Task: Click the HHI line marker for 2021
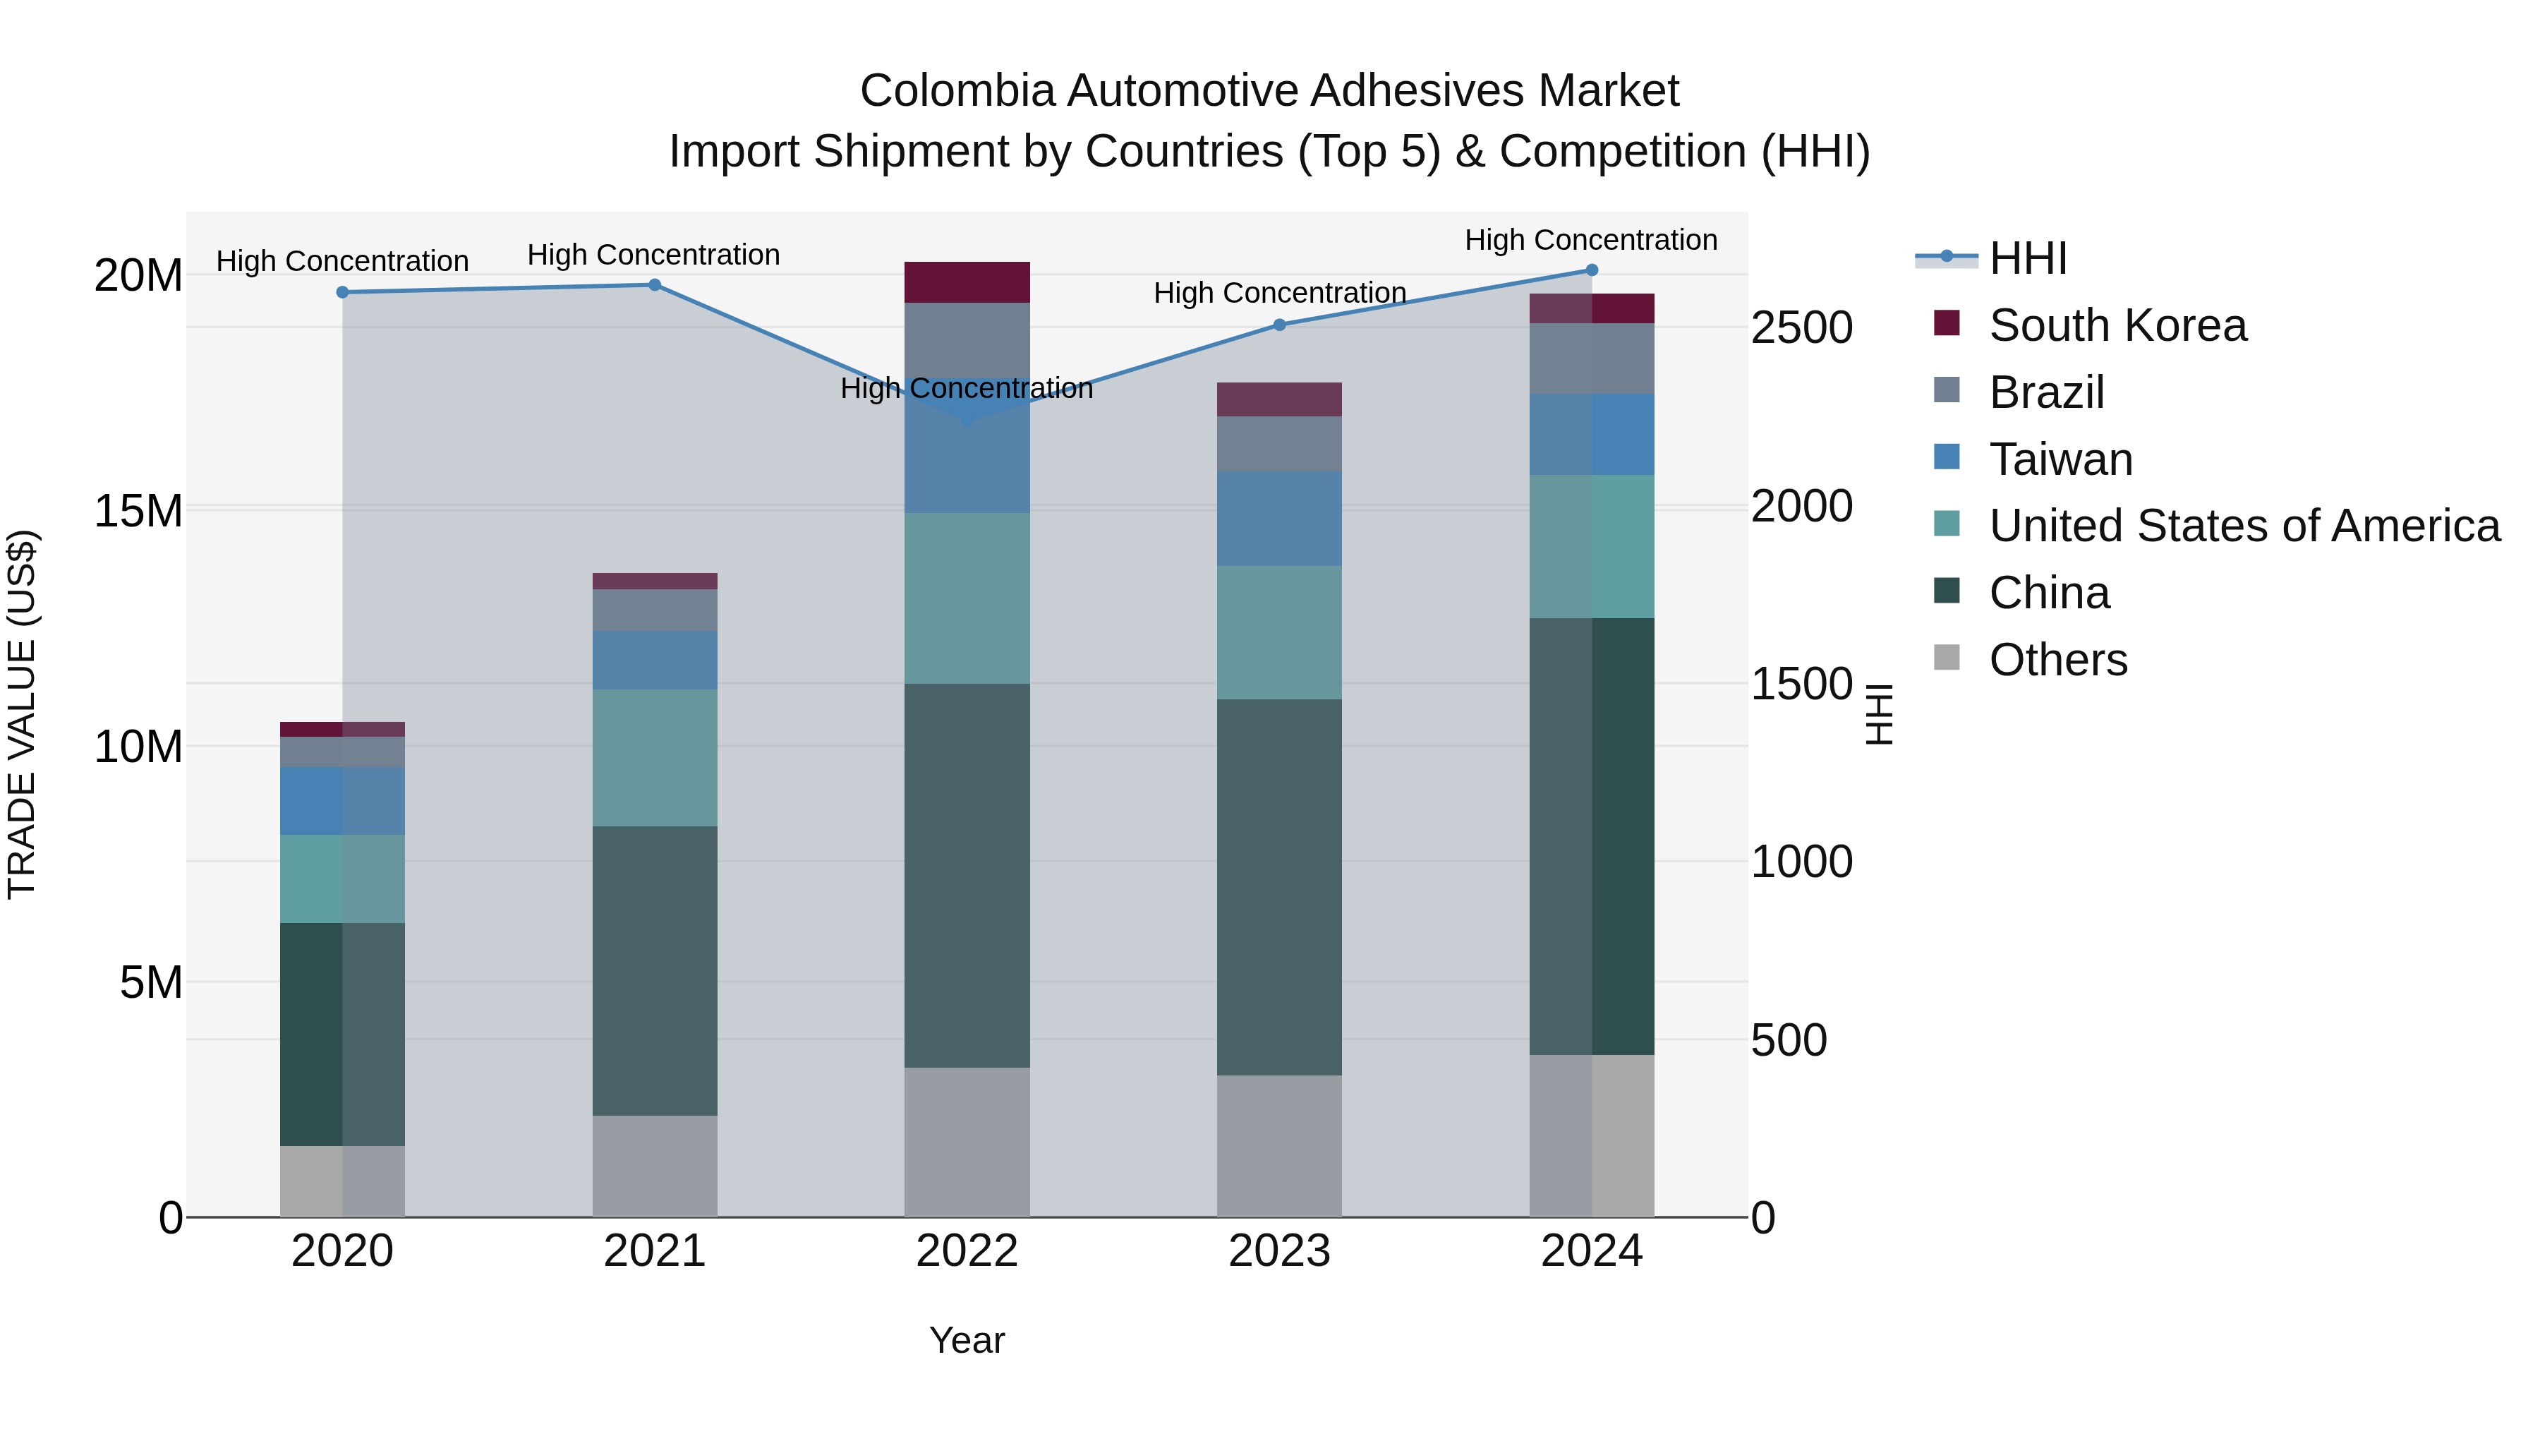[x=654, y=285]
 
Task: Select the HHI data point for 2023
[x=1279, y=325]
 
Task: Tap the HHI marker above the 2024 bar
[x=1592, y=270]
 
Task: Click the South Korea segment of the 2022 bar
[x=967, y=282]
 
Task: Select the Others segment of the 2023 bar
[x=1279, y=1146]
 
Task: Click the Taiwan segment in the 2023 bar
[x=1279, y=518]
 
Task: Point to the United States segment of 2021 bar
[x=654, y=757]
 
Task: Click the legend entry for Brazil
[x=2046, y=392]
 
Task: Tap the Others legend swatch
[x=1947, y=658]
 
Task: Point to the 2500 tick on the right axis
[x=1801, y=328]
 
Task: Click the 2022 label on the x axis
[x=967, y=1251]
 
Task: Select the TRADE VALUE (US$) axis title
[x=22, y=714]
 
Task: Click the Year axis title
[x=967, y=1340]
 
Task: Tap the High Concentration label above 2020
[x=342, y=261]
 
